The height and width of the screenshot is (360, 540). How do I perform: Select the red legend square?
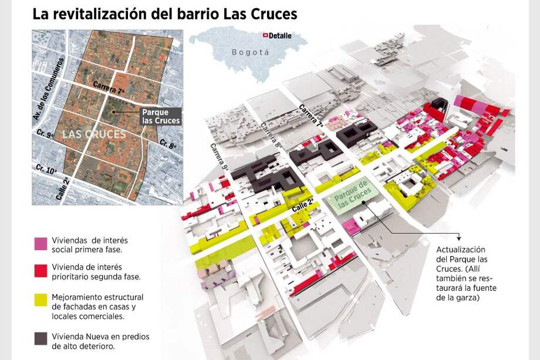41,270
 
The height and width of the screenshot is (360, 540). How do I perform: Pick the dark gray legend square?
41,338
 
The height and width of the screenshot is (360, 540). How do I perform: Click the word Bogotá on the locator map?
250,52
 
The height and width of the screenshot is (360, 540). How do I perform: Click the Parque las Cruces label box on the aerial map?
161,116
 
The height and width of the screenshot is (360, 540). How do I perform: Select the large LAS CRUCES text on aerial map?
94,134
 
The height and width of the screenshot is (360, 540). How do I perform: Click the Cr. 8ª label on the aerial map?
167,144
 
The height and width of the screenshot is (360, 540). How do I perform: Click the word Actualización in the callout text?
461,250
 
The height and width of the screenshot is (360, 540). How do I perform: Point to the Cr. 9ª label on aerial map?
45,135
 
